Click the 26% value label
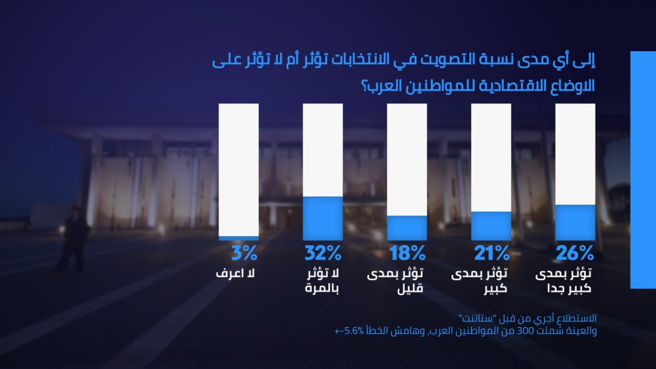(575, 254)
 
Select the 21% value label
(492, 254)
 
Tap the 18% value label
(407, 254)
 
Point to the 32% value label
(323, 254)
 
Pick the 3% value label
(244, 254)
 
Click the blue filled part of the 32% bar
(323, 218)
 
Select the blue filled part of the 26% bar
(575, 222)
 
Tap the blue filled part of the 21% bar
(491, 225)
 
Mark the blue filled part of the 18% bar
(407, 228)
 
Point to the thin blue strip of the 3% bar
(239, 238)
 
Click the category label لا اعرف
(235, 273)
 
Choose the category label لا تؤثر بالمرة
(322, 281)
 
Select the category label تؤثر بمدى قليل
(395, 281)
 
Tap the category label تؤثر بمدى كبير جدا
(563, 281)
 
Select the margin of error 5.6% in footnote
(354, 331)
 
